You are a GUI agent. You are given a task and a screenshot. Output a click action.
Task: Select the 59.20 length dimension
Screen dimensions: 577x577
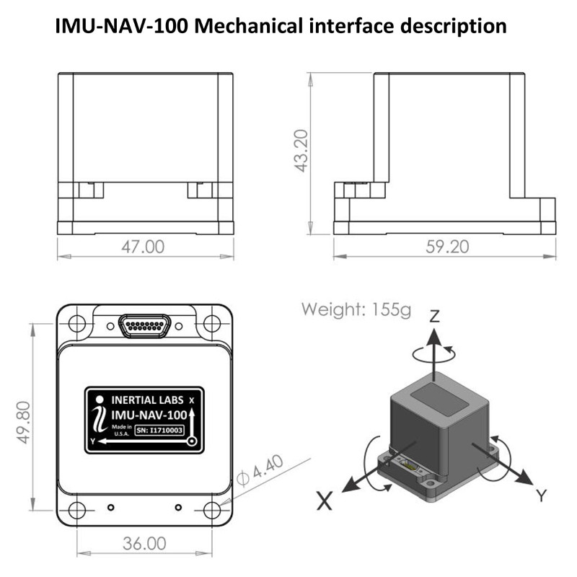tap(446, 247)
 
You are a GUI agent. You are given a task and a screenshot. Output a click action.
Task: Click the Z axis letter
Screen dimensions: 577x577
tap(434, 317)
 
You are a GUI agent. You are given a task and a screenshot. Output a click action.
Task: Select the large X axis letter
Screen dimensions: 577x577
tap(325, 500)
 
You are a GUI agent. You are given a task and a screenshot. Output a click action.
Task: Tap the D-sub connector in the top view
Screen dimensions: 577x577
tap(145, 327)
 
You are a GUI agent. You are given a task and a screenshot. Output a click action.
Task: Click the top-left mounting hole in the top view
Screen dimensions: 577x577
tap(76, 322)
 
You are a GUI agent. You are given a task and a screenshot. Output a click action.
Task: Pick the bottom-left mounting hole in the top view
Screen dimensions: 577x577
tap(76, 510)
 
